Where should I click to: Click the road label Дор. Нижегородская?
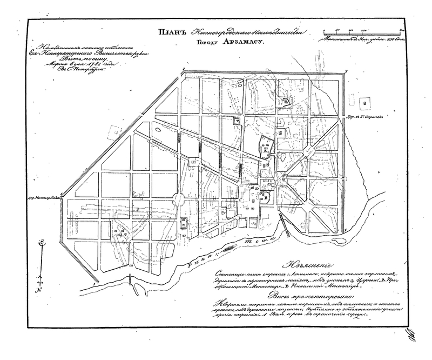45,198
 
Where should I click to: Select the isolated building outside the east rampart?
368,101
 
